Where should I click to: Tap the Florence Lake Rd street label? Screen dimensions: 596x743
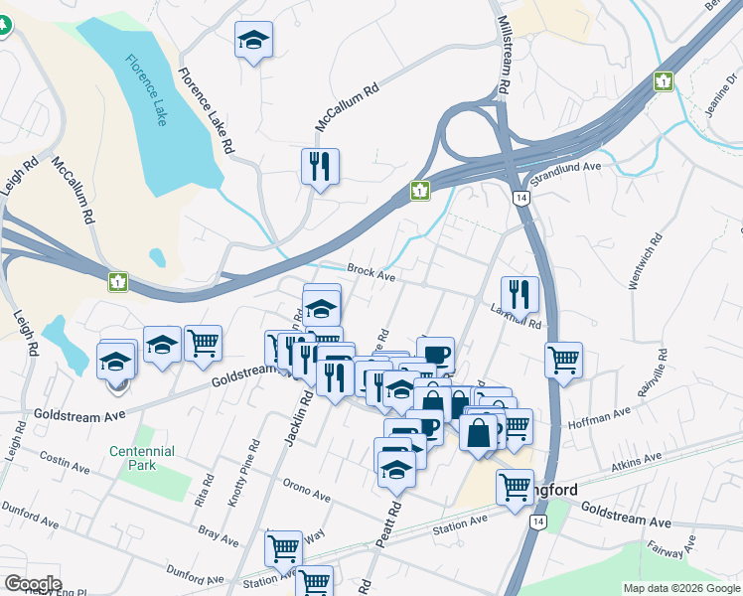206,110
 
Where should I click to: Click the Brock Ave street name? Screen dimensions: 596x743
371,270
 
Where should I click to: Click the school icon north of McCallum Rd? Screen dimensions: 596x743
253,41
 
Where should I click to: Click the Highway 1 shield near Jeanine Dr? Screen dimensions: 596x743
663,81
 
